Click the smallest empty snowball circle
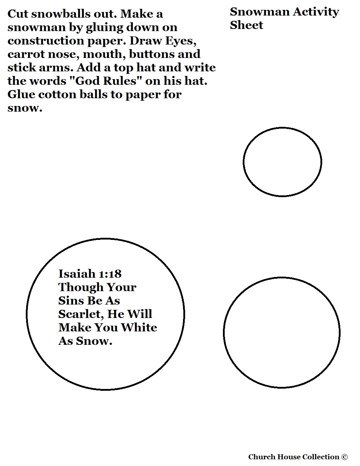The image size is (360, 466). pos(282,162)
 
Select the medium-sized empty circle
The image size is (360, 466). pos(282,332)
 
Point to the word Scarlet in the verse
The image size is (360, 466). pos(80,314)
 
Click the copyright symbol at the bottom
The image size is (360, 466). pos(345,457)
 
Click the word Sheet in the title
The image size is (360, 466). pos(246,25)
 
